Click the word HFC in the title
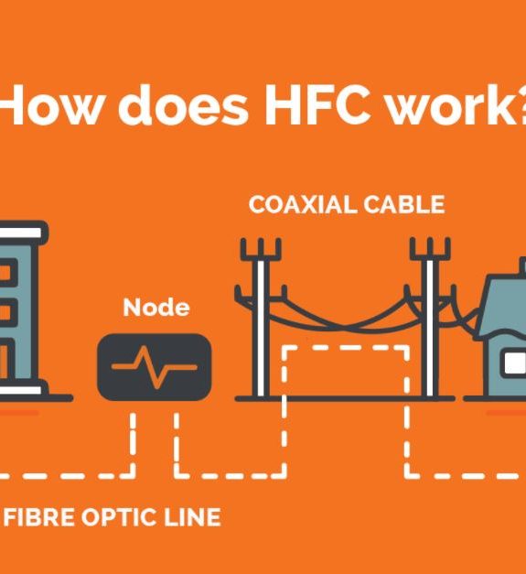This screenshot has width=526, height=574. (x=315, y=105)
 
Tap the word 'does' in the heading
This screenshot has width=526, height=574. (x=183, y=105)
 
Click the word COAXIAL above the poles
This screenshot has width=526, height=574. (x=301, y=204)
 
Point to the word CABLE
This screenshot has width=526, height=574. (x=404, y=204)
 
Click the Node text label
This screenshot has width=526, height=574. (x=156, y=308)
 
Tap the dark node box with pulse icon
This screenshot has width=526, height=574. (x=155, y=367)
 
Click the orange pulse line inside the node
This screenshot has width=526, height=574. (x=155, y=367)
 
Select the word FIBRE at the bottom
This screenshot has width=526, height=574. (x=38, y=517)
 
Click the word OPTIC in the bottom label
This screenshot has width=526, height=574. (x=119, y=517)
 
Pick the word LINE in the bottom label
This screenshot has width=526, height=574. (x=192, y=517)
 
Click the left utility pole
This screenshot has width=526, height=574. (x=261, y=319)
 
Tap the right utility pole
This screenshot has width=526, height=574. (x=430, y=319)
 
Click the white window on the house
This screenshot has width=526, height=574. (x=514, y=363)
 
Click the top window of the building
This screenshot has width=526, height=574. (x=7, y=273)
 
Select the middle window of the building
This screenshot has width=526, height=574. (x=7, y=312)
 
